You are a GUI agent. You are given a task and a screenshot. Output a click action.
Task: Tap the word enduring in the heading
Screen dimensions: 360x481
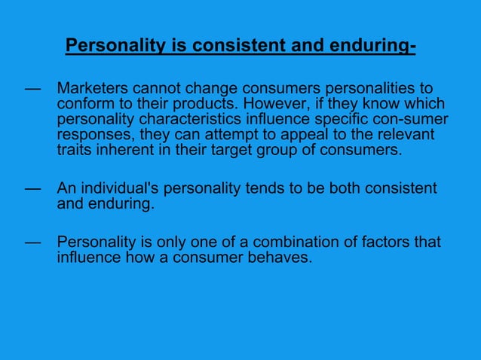370,47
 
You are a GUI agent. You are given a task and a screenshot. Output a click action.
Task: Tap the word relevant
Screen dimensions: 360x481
403,135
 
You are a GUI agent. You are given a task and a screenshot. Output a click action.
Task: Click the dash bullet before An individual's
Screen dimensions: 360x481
32,188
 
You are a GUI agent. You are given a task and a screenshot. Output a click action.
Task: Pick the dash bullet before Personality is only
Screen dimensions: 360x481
32,243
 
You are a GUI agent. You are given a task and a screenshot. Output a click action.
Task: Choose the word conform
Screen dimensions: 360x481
84,105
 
